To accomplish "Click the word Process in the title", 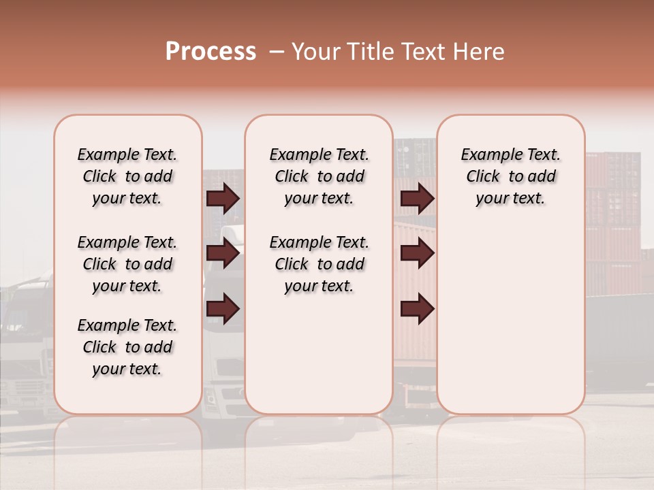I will click(x=211, y=52).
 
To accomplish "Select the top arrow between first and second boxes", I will click(x=223, y=198).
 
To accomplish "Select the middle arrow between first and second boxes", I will click(x=223, y=253).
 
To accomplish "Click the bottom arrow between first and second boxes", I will click(x=223, y=308).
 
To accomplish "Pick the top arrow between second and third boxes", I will click(x=417, y=198).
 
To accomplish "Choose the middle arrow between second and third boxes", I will click(x=417, y=253).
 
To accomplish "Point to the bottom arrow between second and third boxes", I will click(x=417, y=308).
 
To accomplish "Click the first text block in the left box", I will click(x=127, y=176).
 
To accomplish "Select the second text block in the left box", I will click(x=127, y=264).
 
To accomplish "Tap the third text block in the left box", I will click(x=127, y=347).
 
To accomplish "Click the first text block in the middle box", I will click(x=319, y=176).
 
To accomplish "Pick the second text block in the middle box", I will click(x=319, y=264).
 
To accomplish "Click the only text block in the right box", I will click(x=510, y=176).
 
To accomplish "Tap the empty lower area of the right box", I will click(x=510, y=320).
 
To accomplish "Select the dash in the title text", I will click(x=276, y=52).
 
